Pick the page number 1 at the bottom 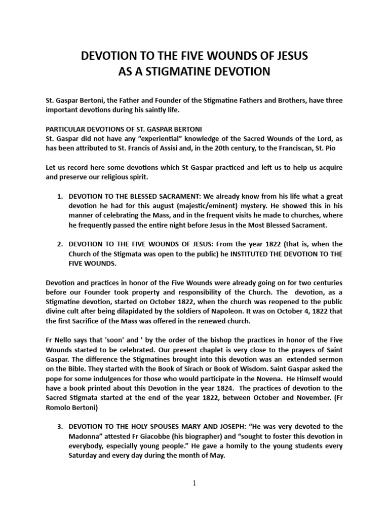[194, 483]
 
